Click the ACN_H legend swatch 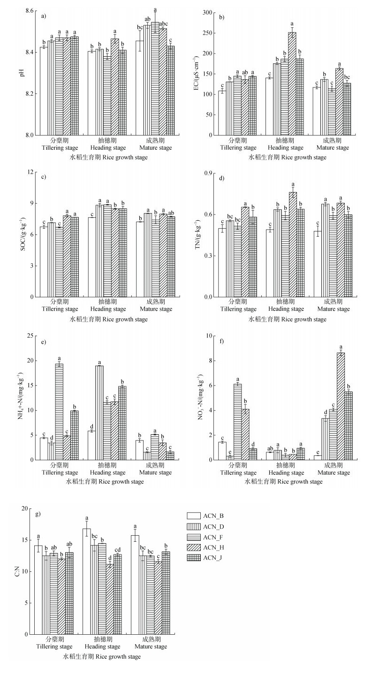(x=194, y=547)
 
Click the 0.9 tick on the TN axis (x=207, y=172)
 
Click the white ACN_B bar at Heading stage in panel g (x=86, y=581)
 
